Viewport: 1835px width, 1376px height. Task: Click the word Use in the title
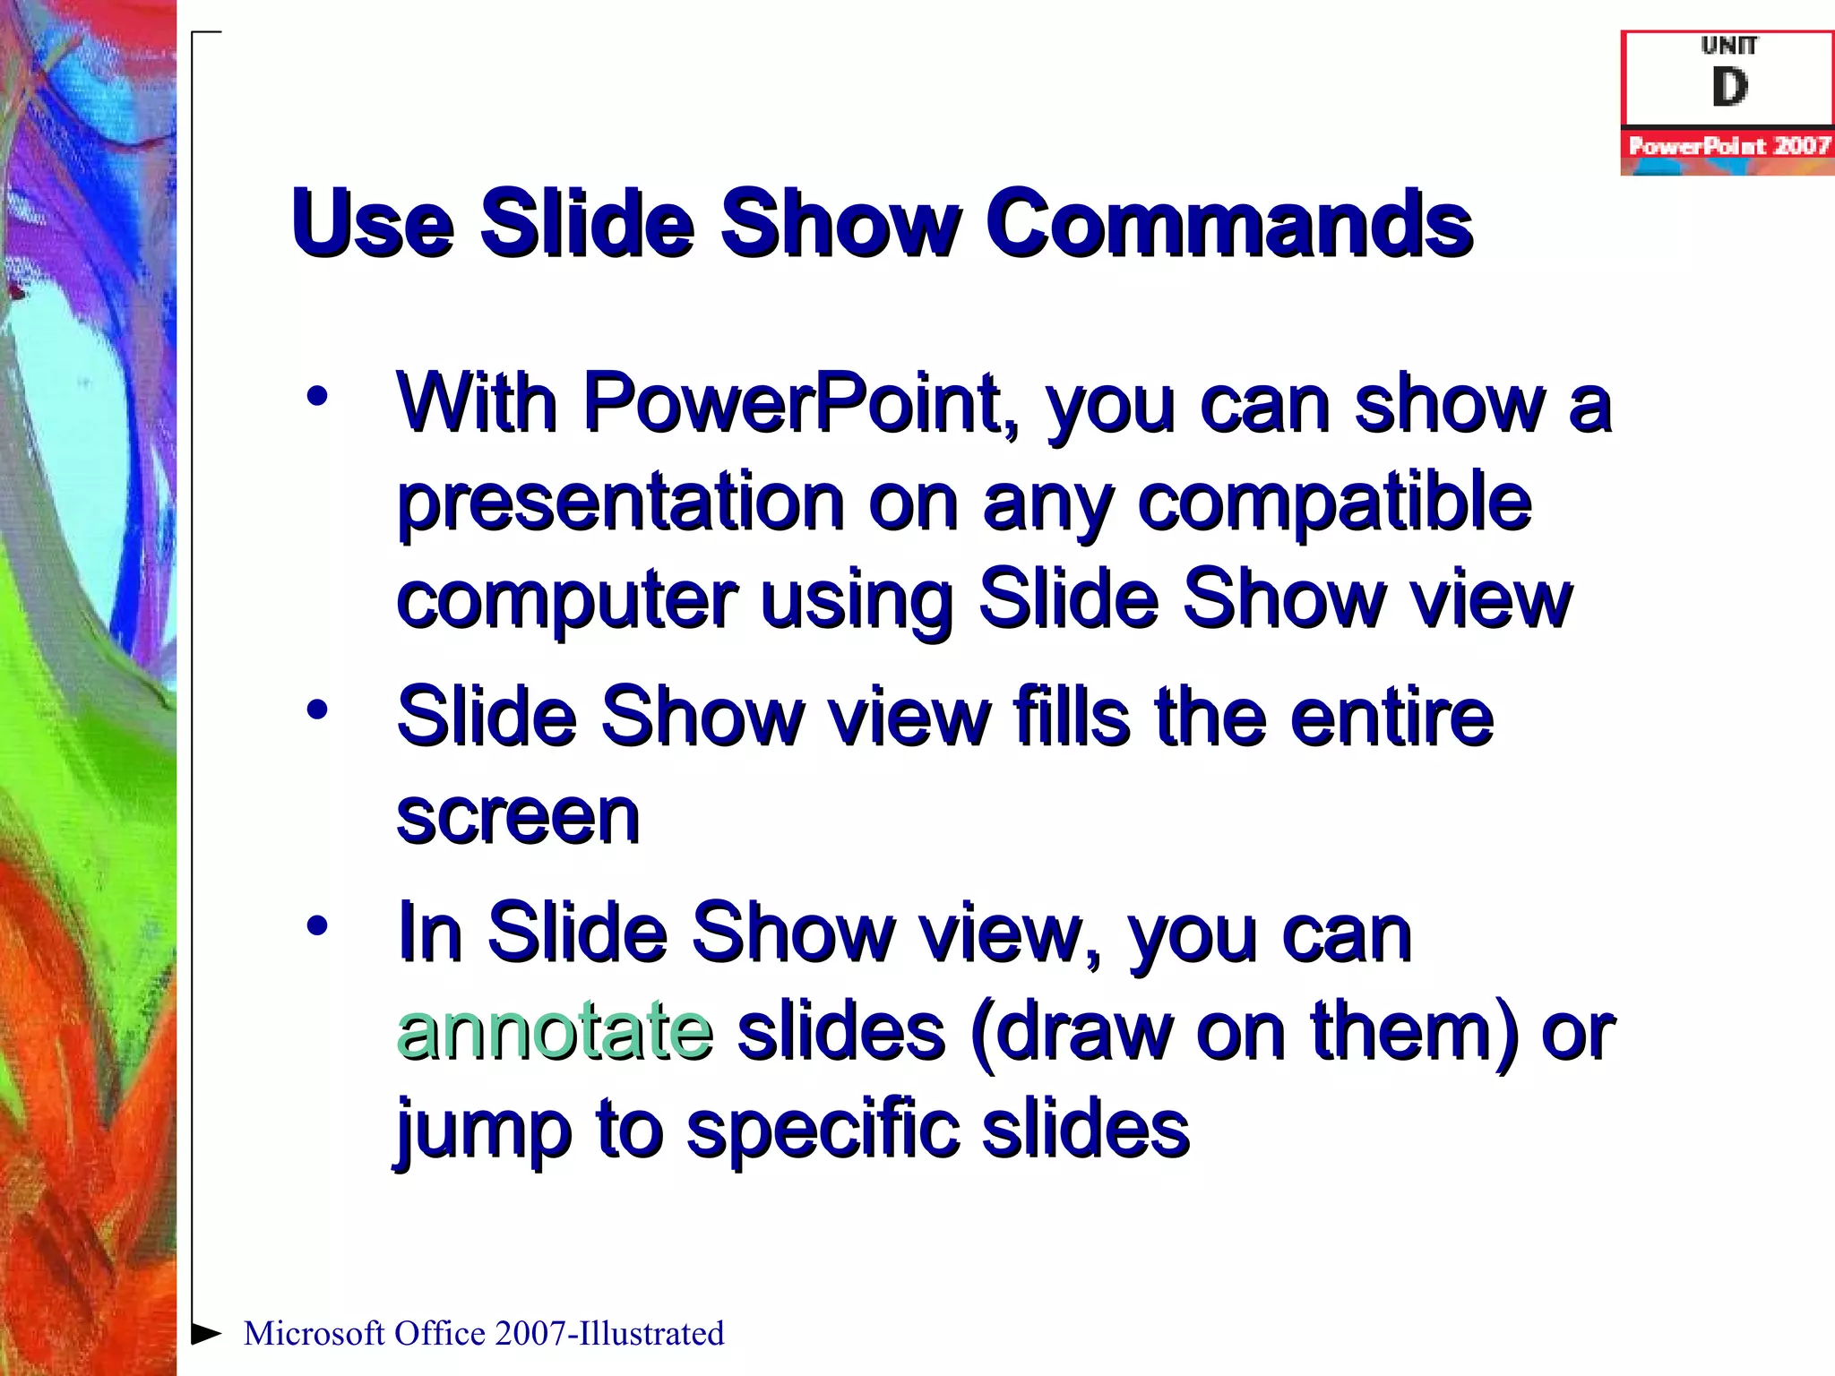[372, 224]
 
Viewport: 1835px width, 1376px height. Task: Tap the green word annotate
[555, 1030]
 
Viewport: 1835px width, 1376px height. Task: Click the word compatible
[1334, 502]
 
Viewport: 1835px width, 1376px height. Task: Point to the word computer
[566, 600]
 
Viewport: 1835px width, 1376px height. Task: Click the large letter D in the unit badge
[1728, 88]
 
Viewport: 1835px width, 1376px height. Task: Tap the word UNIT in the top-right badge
[1728, 46]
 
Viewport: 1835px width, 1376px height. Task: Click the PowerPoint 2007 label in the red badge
[1728, 146]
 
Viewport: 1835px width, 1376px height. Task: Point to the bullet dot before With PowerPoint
[317, 396]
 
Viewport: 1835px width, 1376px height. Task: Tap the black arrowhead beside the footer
[206, 1333]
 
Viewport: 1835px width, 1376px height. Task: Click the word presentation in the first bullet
[620, 502]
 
